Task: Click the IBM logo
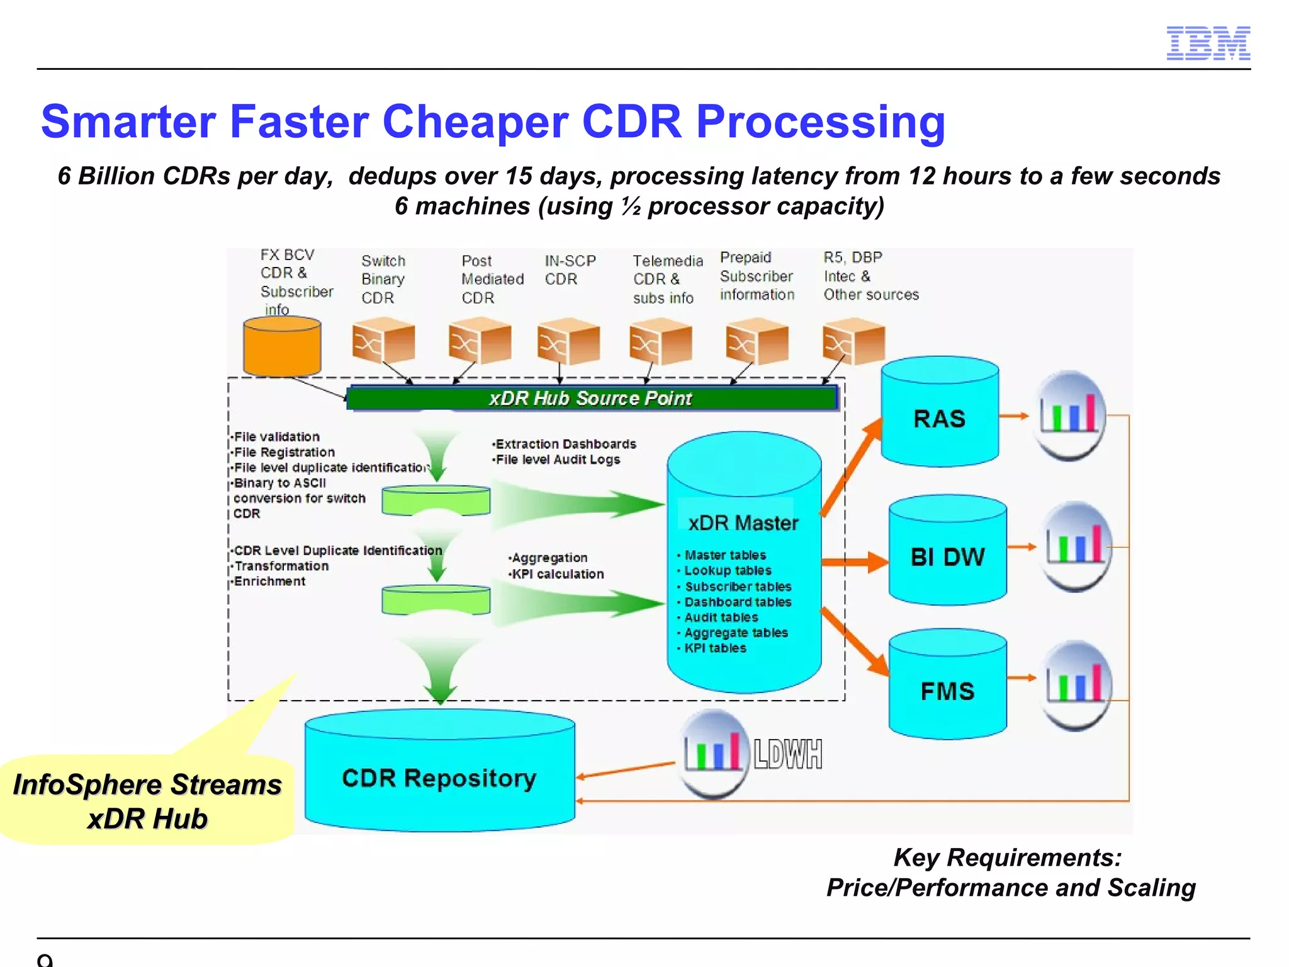pos(1208,43)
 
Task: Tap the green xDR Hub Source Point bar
pos(592,398)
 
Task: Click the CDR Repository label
pos(439,778)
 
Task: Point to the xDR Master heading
pos(743,523)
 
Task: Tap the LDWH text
pos(787,754)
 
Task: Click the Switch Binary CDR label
pos(383,279)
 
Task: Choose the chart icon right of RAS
pos(1069,416)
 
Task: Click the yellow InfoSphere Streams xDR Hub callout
pos(147,801)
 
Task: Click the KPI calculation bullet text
pos(557,574)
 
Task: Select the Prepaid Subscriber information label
pos(757,276)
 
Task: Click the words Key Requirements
pos(1007,857)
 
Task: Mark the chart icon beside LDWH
pos(713,753)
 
